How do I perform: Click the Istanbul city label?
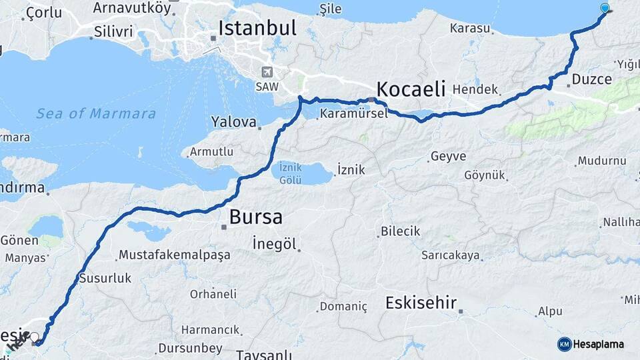[x=257, y=28]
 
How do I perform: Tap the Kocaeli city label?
[x=410, y=89]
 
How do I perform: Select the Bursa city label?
[x=255, y=217]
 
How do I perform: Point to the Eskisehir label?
[x=421, y=303]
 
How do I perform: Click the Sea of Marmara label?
[x=96, y=113]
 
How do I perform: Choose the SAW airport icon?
[x=268, y=73]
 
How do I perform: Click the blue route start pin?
[x=605, y=9]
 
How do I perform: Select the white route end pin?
[x=34, y=337]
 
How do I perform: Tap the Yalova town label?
[x=234, y=122]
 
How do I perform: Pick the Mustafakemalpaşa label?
[x=174, y=255]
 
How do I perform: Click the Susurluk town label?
[x=105, y=278]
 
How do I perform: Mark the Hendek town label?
[x=475, y=89]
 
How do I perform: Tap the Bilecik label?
[x=400, y=231]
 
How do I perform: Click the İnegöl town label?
[x=274, y=243]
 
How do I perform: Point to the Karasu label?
[x=470, y=29]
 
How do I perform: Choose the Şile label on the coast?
[x=331, y=9]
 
